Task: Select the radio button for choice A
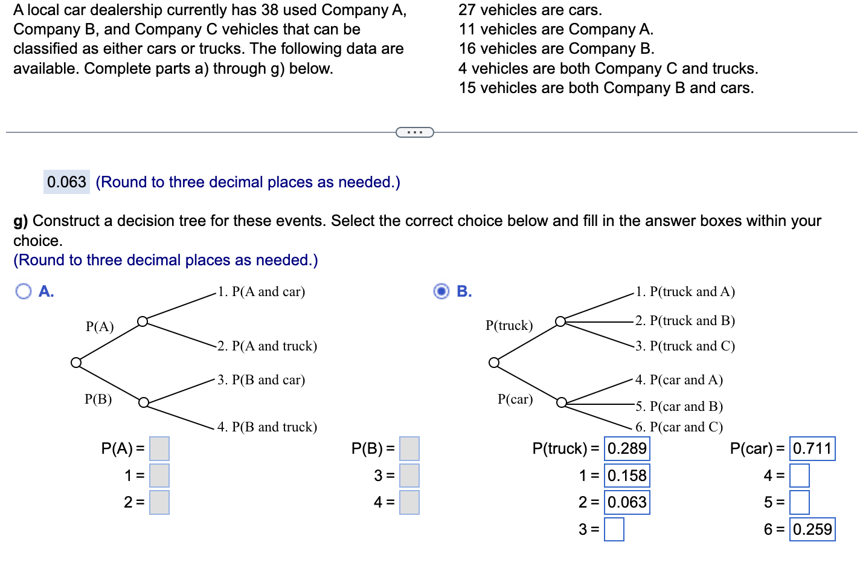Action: coord(24,291)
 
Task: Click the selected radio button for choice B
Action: coord(441,291)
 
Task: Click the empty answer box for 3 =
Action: coord(614,529)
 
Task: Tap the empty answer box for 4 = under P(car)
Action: coord(799,476)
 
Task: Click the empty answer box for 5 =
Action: coord(799,502)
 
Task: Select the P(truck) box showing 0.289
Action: coord(627,449)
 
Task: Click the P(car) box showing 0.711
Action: coord(812,449)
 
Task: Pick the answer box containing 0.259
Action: coord(812,529)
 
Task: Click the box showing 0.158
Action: coord(627,476)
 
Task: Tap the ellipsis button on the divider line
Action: coord(415,132)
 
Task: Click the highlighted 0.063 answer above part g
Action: coord(66,182)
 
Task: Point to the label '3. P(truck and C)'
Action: coord(685,346)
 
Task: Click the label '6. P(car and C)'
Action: coord(679,427)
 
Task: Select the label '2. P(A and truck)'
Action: coord(267,346)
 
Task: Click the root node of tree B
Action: coord(494,363)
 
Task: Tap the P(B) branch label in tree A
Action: coord(98,399)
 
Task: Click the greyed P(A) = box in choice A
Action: coord(159,449)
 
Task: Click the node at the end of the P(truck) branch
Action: coord(560,321)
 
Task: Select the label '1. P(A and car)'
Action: coord(262,292)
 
